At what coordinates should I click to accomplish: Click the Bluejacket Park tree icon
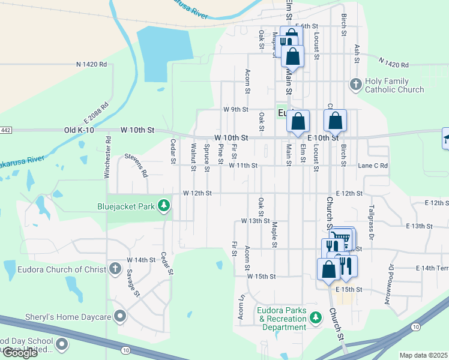pos(163,207)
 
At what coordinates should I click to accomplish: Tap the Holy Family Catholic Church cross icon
pos(355,84)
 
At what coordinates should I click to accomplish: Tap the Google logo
pos(19,353)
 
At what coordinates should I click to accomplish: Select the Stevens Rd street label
pos(136,165)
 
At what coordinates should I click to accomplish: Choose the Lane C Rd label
pos(373,166)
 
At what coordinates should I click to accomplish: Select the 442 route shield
pos(5,130)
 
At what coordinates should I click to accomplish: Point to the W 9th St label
pos(235,110)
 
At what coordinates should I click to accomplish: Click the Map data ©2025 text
pos(424,355)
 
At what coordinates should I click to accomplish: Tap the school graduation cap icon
pos(447,139)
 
